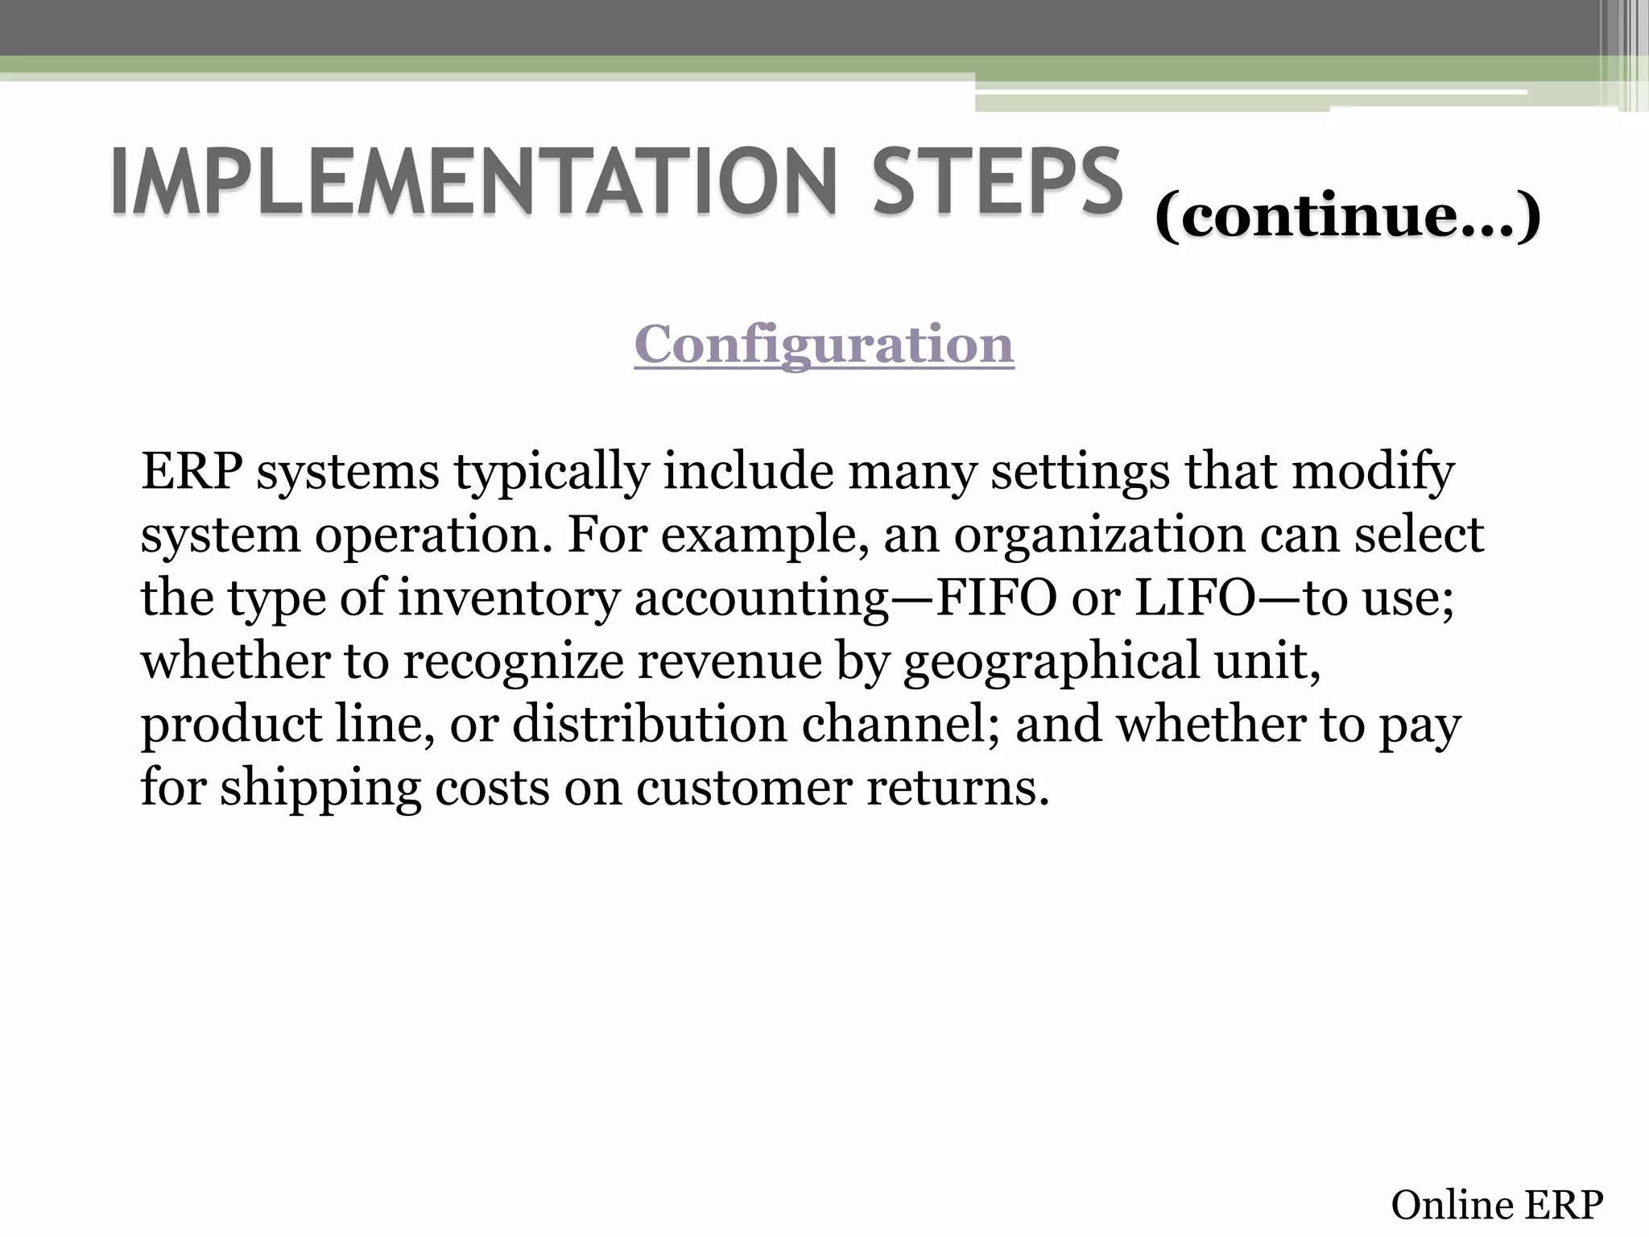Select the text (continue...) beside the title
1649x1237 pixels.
tap(1347, 216)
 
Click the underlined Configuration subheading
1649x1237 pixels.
tap(824, 345)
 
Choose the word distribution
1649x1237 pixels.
tap(649, 724)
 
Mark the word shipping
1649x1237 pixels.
tap(320, 788)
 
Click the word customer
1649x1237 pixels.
tap(744, 787)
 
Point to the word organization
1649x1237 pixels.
tap(1099, 536)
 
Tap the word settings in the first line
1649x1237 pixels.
tap(1080, 474)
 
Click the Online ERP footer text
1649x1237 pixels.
tap(1497, 1206)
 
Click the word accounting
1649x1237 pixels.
tap(761, 599)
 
